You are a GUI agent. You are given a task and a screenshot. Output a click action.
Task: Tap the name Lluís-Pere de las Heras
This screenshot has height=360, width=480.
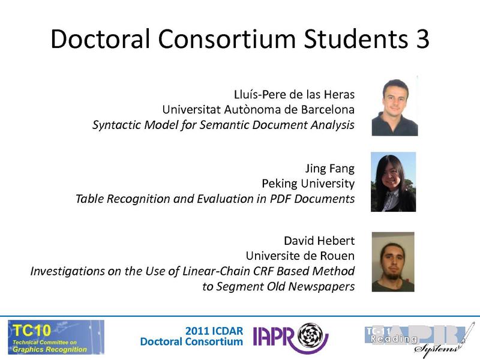click(x=294, y=94)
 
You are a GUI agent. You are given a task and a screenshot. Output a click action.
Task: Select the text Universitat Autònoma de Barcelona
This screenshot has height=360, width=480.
click(x=258, y=110)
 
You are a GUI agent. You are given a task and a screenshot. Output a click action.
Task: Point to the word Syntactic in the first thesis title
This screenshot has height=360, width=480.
click(x=115, y=125)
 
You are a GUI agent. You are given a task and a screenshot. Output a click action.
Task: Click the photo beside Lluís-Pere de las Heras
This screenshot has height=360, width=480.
click(x=394, y=106)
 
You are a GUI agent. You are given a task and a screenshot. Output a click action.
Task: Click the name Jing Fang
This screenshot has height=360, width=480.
click(x=329, y=167)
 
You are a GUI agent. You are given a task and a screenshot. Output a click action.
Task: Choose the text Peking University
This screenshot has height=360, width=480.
click(x=308, y=183)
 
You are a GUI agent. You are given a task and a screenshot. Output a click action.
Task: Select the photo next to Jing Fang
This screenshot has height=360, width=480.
click(x=393, y=181)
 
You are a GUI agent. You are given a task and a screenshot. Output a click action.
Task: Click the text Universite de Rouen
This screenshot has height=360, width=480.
click(x=300, y=256)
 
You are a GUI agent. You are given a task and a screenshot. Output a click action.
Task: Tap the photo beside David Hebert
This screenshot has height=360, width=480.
click(x=393, y=262)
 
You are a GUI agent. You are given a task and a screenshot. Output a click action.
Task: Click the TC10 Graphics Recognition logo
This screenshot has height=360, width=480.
click(x=56, y=337)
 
